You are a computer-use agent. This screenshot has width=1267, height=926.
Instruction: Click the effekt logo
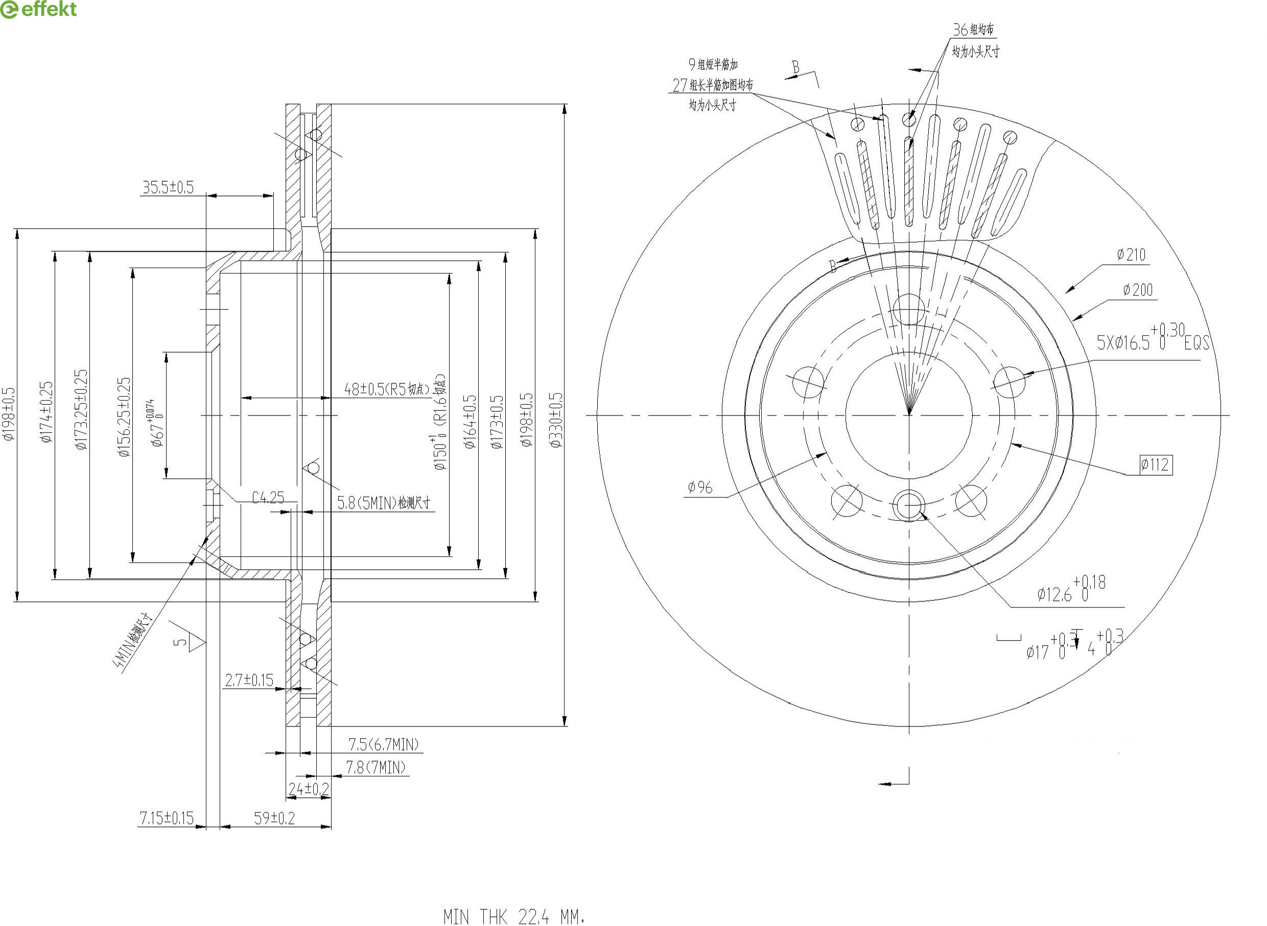[x=39, y=10]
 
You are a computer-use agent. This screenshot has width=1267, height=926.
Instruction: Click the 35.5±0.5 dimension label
[x=168, y=187]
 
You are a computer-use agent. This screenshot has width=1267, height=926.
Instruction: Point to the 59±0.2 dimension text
[x=274, y=818]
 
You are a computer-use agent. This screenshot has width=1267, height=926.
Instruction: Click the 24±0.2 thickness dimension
[x=309, y=789]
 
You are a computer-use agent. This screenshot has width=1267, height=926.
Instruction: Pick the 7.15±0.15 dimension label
[x=166, y=818]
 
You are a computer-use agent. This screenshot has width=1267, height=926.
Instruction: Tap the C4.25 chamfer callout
[x=268, y=497]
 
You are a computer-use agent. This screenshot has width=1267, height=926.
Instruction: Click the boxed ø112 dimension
[x=1155, y=465]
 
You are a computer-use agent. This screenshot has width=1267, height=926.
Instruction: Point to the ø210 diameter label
[x=1131, y=255]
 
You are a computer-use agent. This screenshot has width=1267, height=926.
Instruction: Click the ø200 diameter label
[x=1137, y=290]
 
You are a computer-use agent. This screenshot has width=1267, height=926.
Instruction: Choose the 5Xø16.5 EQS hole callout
[x=1153, y=339]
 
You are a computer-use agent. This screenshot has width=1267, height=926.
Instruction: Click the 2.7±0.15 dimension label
[x=249, y=680]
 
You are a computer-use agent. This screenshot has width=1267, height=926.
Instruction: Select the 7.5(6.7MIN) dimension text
[x=384, y=744]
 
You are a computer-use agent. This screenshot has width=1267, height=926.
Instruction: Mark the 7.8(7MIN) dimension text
[x=375, y=767]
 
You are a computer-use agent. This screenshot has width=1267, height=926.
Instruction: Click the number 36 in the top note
[x=960, y=29]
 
